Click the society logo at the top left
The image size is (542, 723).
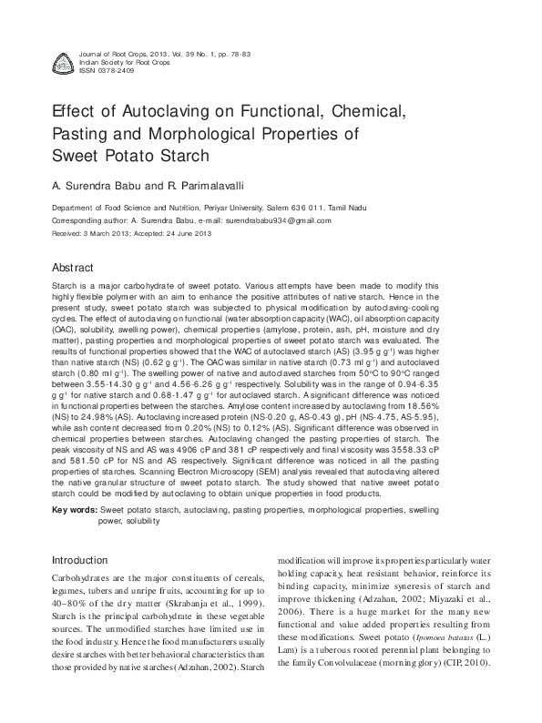tap(63, 62)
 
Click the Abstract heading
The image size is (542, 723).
tap(75, 270)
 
